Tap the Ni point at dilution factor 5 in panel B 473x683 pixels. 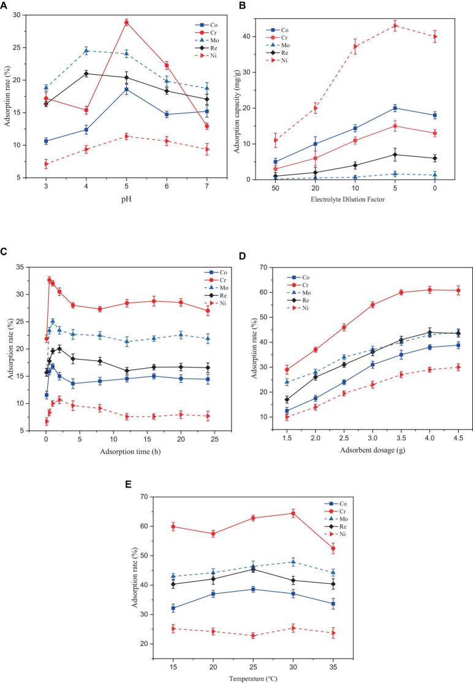[x=395, y=26]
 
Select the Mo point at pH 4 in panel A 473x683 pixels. [x=86, y=50]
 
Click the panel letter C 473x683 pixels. [x=5, y=252]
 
